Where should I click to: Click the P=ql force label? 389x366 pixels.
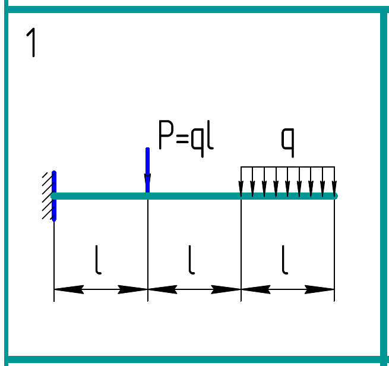point(185,136)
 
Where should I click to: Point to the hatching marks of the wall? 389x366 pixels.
point(46,196)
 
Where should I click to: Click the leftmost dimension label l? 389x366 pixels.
point(99,261)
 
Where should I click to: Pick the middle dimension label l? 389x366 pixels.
point(192,261)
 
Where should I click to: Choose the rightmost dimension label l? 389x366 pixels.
point(285,261)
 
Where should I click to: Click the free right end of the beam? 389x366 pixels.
point(334,195)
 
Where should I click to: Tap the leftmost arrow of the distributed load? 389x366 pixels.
point(241,182)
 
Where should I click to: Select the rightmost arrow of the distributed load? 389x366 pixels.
point(334,182)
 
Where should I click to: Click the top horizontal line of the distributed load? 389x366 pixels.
point(287,167)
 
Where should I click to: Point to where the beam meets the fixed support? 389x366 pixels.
point(54,195)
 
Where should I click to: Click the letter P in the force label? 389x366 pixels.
point(165,136)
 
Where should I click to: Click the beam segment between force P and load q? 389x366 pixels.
point(194,195)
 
